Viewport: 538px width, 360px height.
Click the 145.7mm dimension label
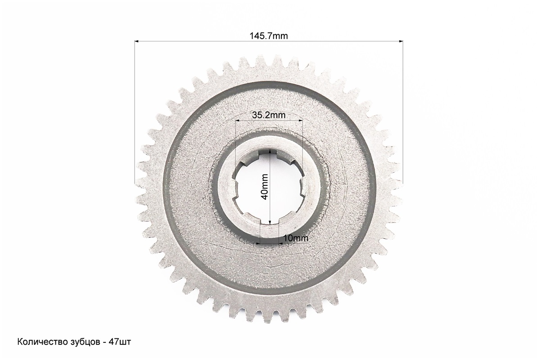269,36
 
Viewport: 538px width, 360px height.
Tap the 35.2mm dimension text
269,115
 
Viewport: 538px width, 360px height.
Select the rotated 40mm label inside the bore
265,187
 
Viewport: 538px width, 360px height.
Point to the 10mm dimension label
296,238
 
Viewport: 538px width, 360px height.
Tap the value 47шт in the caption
119,342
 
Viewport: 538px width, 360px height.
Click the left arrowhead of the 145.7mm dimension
136,41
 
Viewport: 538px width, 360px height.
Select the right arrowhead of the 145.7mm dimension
401,41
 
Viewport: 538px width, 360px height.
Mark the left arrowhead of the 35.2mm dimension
237,120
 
